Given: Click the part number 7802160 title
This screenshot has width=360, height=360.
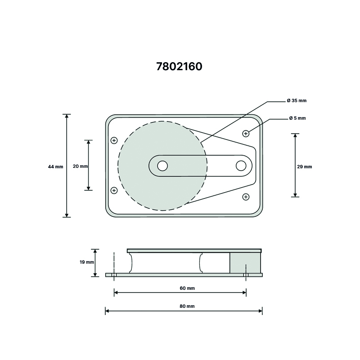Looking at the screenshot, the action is click(179, 67).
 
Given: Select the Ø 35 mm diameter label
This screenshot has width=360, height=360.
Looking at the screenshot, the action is click(297, 100).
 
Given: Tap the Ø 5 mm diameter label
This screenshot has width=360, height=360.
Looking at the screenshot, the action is click(297, 118).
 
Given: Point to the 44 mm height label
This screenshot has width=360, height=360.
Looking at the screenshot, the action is click(55, 166).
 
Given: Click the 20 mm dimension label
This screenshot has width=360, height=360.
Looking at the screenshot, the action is click(81, 166).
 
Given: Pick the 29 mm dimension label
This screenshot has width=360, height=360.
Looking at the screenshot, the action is click(305, 166).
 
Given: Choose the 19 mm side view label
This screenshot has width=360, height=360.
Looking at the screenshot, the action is click(87, 262).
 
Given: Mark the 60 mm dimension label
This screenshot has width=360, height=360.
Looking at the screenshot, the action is click(187, 288).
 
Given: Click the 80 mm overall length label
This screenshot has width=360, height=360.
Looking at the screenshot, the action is click(187, 306).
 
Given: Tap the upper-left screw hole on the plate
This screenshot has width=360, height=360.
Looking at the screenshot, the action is click(114, 140).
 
